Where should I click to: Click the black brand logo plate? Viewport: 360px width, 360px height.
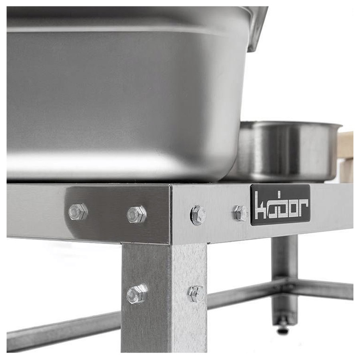280,205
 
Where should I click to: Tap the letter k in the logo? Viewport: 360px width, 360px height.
261,205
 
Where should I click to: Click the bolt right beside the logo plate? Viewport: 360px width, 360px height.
241,213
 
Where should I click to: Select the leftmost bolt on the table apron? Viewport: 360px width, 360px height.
78,212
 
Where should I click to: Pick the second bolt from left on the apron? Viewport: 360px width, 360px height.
137,214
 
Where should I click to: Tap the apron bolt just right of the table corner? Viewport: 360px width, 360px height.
198,215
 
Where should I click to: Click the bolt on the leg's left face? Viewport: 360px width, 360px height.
137,294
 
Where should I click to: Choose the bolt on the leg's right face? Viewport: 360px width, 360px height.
196,294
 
